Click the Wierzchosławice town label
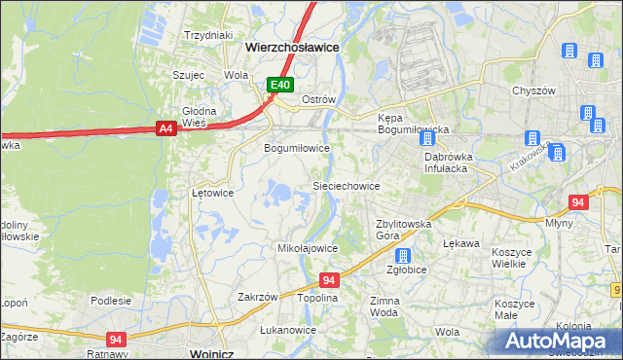tap(292, 46)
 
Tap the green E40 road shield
tap(280, 86)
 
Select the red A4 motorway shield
tap(165, 127)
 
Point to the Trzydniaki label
tap(209, 35)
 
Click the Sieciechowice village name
tap(345, 185)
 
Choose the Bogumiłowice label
tap(298, 148)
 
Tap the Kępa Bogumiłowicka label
tap(412, 124)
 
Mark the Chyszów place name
tap(532, 90)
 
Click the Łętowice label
tap(212, 193)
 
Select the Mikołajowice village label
tap(308, 248)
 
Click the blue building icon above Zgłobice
tap(403, 255)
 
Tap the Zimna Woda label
tap(385, 307)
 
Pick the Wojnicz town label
tap(216, 353)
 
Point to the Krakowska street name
tap(530, 157)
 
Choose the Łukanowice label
tap(288, 330)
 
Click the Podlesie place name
tap(111, 301)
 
